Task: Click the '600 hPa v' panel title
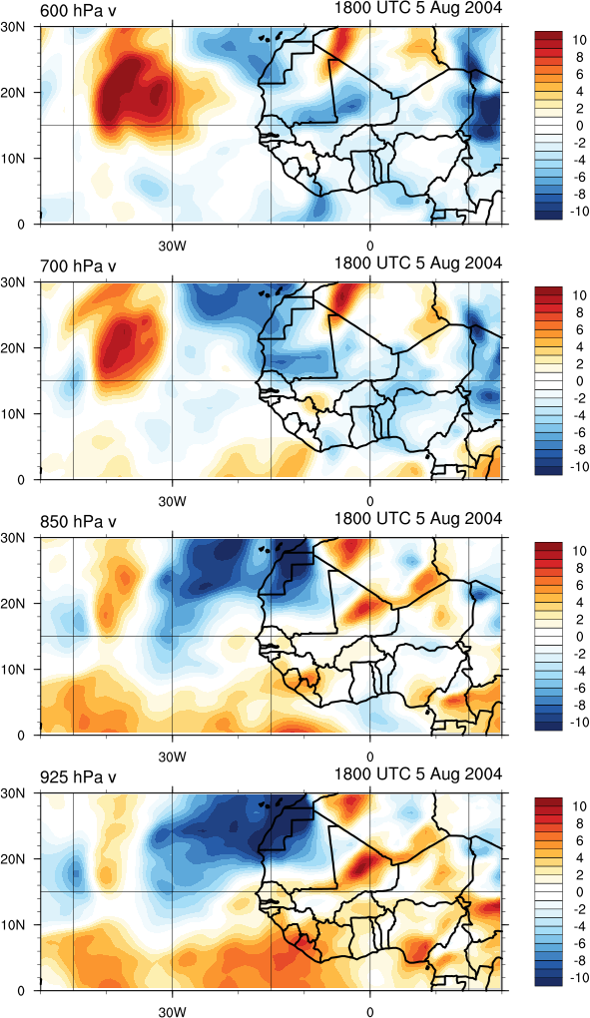(x=78, y=11)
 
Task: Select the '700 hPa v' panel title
(x=78, y=266)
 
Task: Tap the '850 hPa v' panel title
(x=78, y=521)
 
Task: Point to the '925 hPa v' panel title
(x=78, y=777)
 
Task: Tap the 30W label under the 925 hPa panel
(x=173, y=1011)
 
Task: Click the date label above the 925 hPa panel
(x=418, y=773)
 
